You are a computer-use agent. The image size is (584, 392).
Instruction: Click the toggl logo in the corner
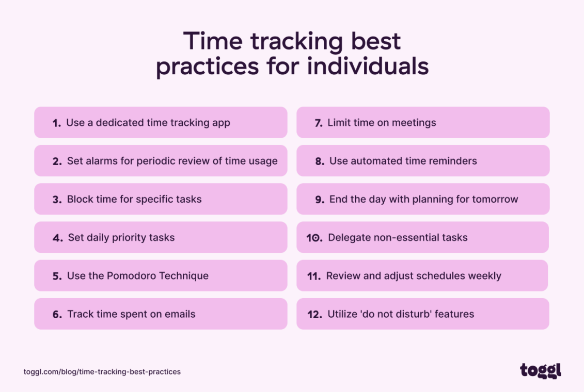pyautogui.click(x=540, y=370)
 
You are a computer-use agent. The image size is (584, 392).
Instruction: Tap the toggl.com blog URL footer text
pyautogui.click(x=102, y=371)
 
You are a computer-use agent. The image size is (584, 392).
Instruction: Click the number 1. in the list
pyautogui.click(x=56, y=123)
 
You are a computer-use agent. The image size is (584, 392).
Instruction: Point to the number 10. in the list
pyautogui.click(x=314, y=238)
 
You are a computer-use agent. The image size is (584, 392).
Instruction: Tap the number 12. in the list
pyautogui.click(x=314, y=314)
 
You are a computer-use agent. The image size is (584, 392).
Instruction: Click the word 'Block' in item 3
pyautogui.click(x=80, y=199)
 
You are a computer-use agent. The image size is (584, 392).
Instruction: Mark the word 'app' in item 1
pyautogui.click(x=220, y=123)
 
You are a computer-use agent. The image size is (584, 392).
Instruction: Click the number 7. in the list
pyautogui.click(x=318, y=123)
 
